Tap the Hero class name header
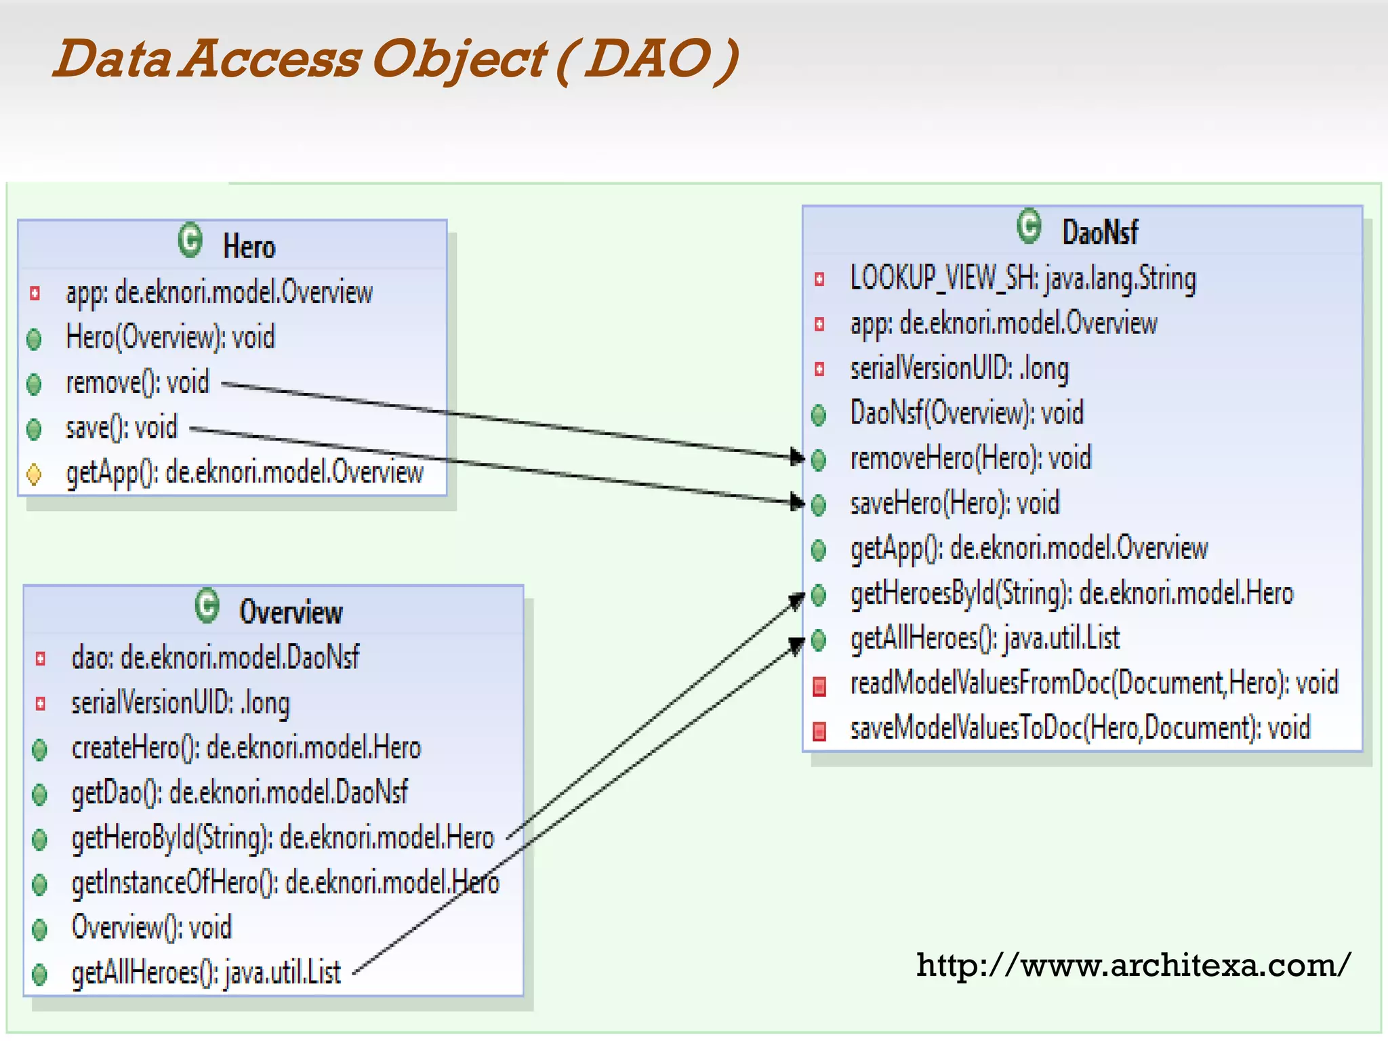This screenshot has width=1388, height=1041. click(x=249, y=247)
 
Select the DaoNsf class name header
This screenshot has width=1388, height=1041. click(x=1099, y=232)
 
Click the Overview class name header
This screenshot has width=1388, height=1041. click(x=291, y=612)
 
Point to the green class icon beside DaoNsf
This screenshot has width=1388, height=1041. click(x=1029, y=226)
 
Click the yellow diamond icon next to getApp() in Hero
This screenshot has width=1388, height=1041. click(x=34, y=474)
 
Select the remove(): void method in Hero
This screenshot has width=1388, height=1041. click(x=137, y=383)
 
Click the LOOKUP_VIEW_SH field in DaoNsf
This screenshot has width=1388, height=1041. click(x=1023, y=279)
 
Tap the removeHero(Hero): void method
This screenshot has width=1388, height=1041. click(x=971, y=459)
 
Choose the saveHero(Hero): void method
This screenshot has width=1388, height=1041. click(x=954, y=504)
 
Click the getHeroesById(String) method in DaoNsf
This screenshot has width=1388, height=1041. click(x=1071, y=594)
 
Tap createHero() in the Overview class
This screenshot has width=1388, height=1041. click(x=246, y=748)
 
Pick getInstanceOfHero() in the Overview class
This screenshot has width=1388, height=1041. click(x=285, y=883)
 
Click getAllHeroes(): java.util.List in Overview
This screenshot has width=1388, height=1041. click(x=206, y=973)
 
